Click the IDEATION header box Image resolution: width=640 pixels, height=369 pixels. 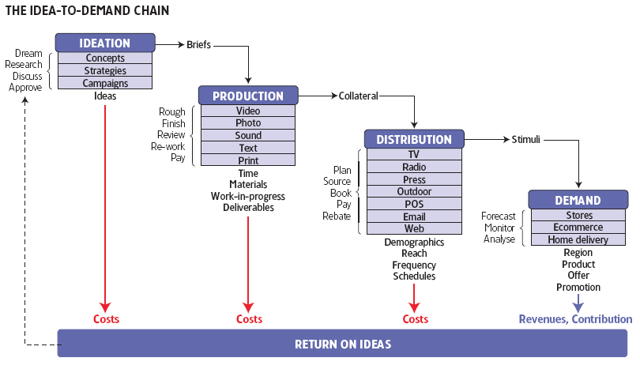coord(104,43)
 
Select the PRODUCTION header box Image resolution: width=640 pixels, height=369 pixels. coord(248,96)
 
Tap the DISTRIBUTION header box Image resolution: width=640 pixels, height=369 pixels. coord(414,140)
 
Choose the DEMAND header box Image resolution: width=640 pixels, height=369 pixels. coord(578,201)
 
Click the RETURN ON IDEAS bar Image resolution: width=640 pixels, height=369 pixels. coord(343,345)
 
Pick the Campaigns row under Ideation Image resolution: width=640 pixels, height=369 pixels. coord(105,83)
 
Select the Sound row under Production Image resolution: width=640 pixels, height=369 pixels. coord(248,136)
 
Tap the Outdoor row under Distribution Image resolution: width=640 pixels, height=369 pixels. coord(414,191)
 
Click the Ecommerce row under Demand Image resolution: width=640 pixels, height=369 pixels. coord(579,228)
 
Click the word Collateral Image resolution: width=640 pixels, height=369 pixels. coord(359,96)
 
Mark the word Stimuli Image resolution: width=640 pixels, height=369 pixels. coord(525,140)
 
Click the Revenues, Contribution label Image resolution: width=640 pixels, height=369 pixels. coord(575,319)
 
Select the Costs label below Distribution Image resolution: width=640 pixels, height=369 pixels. coord(416,319)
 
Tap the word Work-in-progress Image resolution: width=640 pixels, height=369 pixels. coord(248,196)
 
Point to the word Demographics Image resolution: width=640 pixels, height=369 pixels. coord(414,243)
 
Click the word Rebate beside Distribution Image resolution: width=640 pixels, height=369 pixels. coord(337,216)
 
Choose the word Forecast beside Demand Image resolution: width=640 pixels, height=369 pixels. coord(499,216)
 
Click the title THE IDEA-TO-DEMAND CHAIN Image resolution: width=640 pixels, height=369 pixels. coord(86,11)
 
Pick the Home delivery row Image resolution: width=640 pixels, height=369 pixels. coord(579,240)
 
